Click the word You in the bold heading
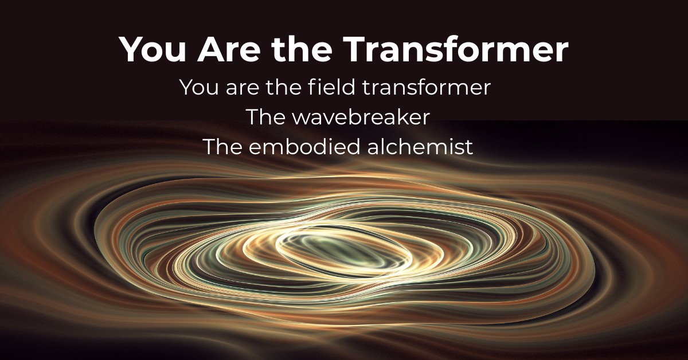tap(153, 49)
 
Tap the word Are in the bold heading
tap(229, 49)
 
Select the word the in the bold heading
tap(302, 49)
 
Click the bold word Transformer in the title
tap(455, 49)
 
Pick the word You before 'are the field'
tap(199, 87)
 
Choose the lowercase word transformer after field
tap(427, 87)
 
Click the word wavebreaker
tap(361, 117)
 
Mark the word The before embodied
tap(223, 147)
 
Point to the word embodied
tap(304, 147)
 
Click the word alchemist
tap(420, 147)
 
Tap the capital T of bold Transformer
tap(355, 49)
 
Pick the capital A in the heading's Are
tap(212, 49)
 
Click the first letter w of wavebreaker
tap(300, 119)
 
